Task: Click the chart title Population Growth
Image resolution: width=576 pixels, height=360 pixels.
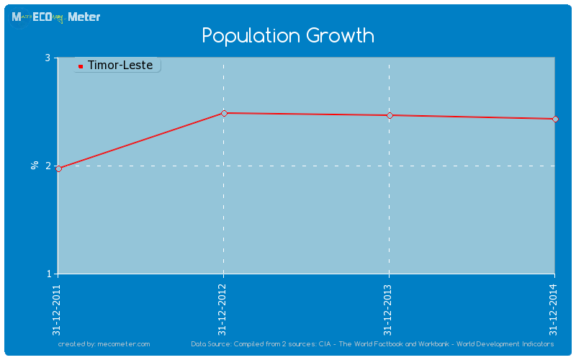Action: tap(288, 35)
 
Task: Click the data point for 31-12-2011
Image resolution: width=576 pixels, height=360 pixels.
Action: tap(58, 168)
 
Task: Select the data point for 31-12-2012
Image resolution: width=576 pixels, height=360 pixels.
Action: tap(224, 113)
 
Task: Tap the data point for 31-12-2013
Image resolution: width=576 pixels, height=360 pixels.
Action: tap(390, 115)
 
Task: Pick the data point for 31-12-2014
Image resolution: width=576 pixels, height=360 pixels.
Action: tap(555, 119)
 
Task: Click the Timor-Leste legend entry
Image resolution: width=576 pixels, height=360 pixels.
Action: tap(120, 66)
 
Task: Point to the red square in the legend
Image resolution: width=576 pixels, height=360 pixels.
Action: tap(81, 66)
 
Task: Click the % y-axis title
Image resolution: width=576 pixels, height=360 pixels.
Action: tap(34, 166)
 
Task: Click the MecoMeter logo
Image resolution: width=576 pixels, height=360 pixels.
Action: tap(55, 17)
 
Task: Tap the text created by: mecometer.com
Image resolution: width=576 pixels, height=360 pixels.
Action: tap(104, 344)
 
